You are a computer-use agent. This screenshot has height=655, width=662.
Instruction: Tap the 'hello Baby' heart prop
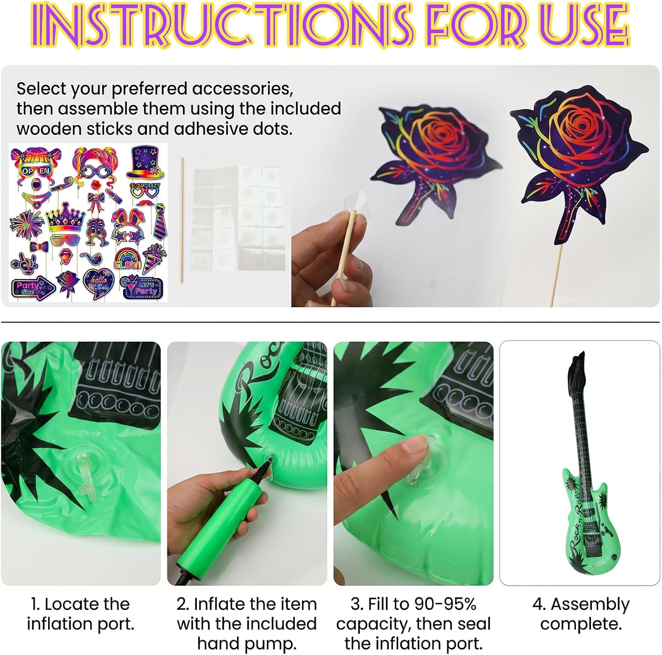click(x=98, y=283)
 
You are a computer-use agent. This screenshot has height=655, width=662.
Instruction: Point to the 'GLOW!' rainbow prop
click(x=128, y=258)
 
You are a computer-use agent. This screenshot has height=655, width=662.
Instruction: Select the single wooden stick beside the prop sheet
click(x=181, y=219)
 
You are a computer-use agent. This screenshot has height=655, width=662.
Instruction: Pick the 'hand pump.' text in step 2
click(x=247, y=644)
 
